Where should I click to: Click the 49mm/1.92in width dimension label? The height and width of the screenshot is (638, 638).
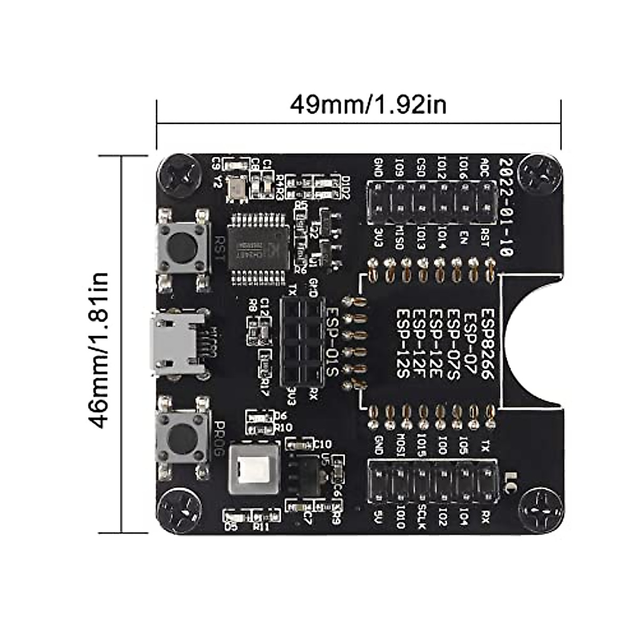click(x=368, y=105)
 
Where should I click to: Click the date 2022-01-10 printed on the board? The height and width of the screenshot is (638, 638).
click(x=507, y=207)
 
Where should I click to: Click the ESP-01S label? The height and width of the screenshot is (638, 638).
click(x=332, y=342)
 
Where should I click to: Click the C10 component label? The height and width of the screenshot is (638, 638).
click(x=323, y=444)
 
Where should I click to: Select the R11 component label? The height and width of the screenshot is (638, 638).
click(x=262, y=526)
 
